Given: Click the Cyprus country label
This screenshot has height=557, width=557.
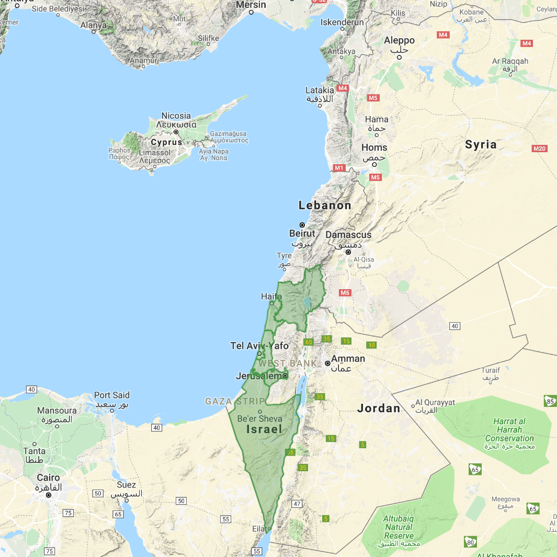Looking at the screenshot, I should (166, 142).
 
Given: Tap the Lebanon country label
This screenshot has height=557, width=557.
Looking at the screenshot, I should (325, 205).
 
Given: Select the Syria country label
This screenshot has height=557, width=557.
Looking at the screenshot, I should (481, 144).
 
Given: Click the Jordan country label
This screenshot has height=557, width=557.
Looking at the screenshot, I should (379, 408).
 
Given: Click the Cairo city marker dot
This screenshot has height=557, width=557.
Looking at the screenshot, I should (48, 495).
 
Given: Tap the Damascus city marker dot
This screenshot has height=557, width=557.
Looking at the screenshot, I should (348, 252).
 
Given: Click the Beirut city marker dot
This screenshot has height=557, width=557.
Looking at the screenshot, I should (302, 225).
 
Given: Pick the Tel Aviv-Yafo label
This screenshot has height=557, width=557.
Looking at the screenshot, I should (259, 346).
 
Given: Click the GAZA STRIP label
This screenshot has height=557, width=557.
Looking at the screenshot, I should (235, 402).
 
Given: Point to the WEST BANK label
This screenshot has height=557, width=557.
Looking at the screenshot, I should (287, 363).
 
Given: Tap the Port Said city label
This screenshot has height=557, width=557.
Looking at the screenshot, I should (111, 395).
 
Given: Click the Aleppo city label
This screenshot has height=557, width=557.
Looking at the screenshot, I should (399, 40).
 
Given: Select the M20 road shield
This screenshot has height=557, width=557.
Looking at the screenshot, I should (539, 149).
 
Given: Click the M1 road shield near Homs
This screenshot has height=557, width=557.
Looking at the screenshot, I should (339, 168).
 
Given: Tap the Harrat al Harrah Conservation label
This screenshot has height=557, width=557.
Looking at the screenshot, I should (509, 429).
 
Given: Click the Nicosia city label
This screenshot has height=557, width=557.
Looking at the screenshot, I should (176, 116).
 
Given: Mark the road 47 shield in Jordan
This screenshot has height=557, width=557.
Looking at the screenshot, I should (297, 504).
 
